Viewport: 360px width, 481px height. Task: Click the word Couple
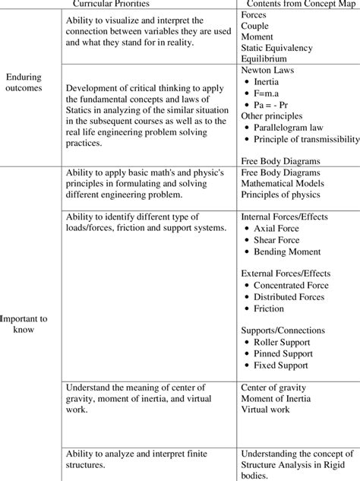pos(255,25)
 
